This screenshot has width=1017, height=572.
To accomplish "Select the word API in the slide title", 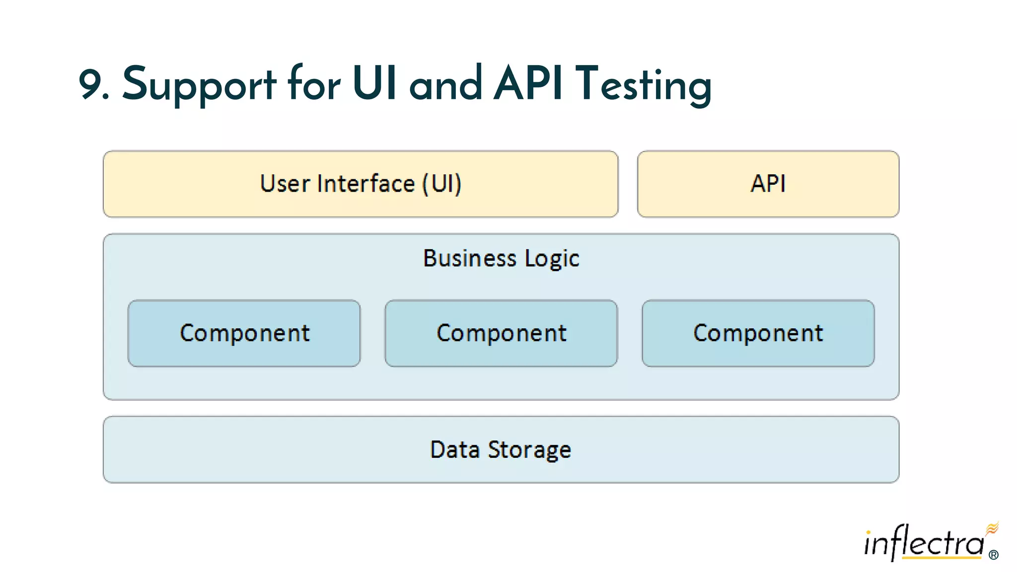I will pos(528,83).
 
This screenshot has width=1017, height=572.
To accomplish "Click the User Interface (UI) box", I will pos(361,184).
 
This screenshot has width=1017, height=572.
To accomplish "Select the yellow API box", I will pos(768,184).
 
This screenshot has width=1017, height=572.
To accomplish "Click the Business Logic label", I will pos(501,259).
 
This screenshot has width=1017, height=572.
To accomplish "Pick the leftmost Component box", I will pos(244,333).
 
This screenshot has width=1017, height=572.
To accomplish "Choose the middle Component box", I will pos(501,333).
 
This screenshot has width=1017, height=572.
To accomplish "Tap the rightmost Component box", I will pos(758,333).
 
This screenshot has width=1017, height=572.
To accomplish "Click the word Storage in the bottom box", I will pos(529,450).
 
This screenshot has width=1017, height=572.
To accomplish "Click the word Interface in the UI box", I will pos(365,184).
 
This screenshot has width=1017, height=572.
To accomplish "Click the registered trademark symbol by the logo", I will pos(993,555).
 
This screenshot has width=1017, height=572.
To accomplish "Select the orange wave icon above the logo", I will pos(992,528).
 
